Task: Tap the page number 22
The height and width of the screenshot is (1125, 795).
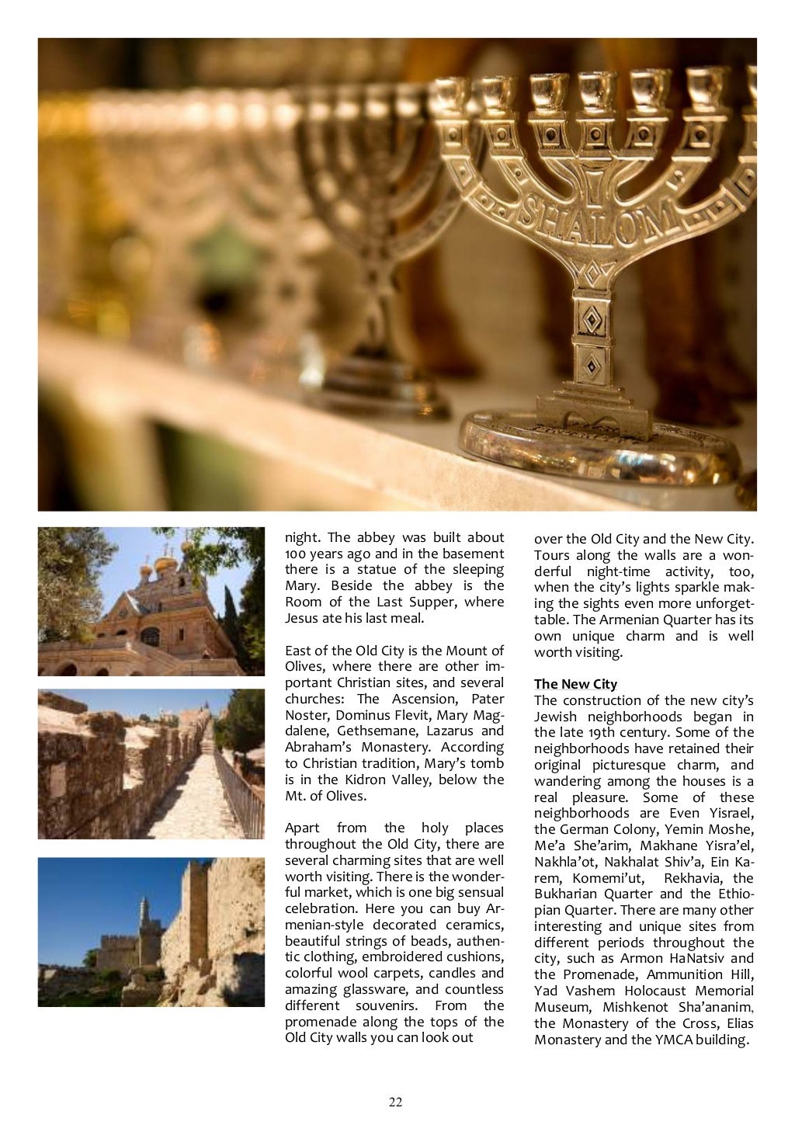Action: point(396,1102)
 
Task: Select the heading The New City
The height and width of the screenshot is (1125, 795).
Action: point(575,684)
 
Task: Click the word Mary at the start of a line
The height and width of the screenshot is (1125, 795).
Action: point(300,585)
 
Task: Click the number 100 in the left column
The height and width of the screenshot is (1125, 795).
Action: point(295,553)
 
